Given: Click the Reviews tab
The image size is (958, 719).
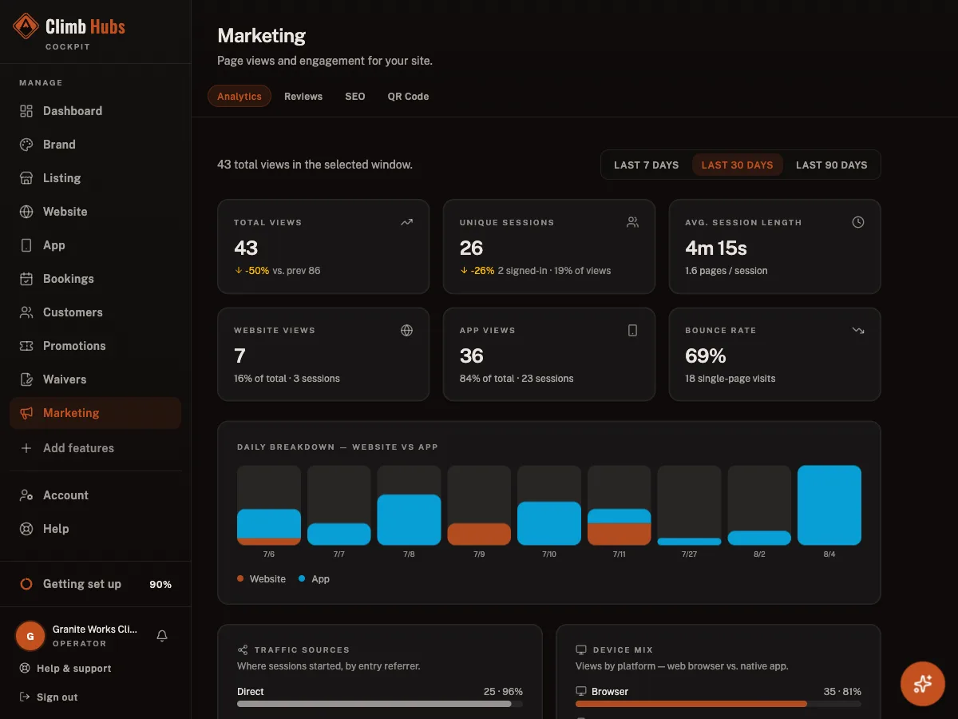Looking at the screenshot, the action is click(303, 97).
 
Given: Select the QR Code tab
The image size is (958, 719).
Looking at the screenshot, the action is click(408, 97).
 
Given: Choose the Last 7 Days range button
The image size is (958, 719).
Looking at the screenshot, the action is click(646, 165).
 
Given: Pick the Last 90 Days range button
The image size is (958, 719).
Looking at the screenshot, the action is click(831, 165).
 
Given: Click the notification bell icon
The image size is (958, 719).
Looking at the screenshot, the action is click(162, 636).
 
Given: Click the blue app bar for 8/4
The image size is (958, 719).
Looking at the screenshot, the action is click(829, 505).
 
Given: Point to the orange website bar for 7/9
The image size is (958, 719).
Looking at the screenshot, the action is click(479, 534).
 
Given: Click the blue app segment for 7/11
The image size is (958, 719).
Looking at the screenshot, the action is click(619, 516).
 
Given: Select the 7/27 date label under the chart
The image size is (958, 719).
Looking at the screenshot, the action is click(689, 554).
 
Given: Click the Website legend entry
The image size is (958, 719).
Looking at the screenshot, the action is click(261, 579).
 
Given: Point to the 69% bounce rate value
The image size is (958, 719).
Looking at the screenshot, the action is click(705, 356).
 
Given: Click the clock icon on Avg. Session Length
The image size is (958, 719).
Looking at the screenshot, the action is click(857, 222).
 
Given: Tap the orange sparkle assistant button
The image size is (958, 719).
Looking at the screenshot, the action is click(922, 684).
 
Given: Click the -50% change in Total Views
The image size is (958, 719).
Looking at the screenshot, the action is click(256, 271).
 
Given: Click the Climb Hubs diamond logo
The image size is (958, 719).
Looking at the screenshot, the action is click(26, 26).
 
